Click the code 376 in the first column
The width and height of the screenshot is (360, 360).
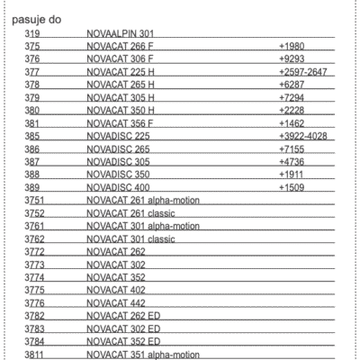click(x=35, y=58)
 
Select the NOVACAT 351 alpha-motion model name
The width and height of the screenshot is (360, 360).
click(x=142, y=355)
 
